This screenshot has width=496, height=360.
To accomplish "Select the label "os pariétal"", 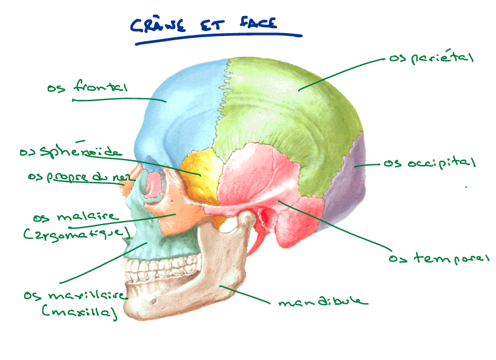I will coord(431,58).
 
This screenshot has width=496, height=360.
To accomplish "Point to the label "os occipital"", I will coord(429,163).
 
